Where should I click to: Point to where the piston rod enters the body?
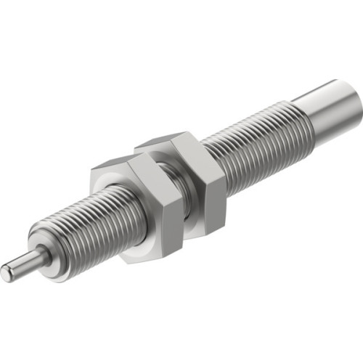41,255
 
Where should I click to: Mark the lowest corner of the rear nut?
190,235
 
